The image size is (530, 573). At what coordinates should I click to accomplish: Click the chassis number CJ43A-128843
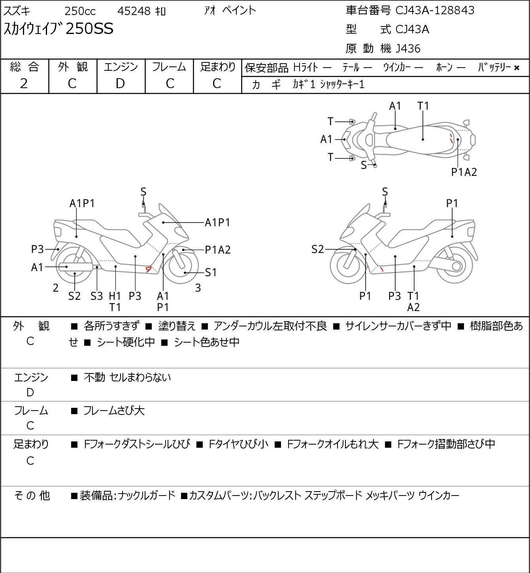(435, 10)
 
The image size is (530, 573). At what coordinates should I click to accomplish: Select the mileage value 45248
(134, 11)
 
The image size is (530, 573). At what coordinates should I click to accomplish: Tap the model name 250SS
(89, 29)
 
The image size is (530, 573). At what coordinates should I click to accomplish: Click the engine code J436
(406, 49)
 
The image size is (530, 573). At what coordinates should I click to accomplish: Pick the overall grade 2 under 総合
(24, 83)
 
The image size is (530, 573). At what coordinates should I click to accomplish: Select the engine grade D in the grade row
(120, 83)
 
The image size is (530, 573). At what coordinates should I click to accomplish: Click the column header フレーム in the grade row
(169, 67)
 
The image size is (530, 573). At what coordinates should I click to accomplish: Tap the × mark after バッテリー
(517, 68)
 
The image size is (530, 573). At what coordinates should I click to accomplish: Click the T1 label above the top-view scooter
(423, 106)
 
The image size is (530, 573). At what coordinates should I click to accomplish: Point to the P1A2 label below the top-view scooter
(464, 172)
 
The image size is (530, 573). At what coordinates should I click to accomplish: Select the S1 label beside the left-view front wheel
(211, 272)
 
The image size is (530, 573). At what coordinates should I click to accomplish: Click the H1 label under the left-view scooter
(115, 296)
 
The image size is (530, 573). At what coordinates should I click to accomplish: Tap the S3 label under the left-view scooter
(96, 296)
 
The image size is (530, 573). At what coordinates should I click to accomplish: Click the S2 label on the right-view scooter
(317, 249)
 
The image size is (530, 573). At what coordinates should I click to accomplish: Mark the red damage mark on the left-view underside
(149, 269)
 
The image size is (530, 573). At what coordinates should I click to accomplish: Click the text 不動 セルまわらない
(127, 377)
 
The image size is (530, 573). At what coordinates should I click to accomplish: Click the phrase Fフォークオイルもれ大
(332, 444)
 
